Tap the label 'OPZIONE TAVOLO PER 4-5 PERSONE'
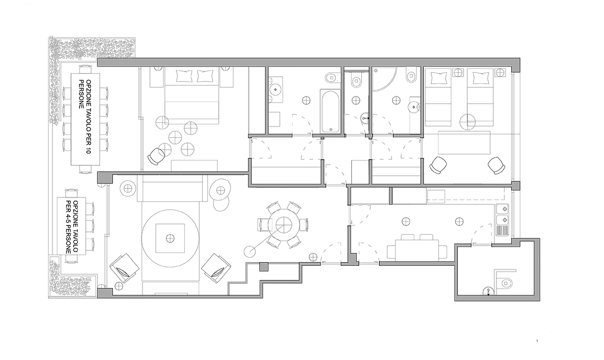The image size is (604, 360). pyautogui.click(x=73, y=227)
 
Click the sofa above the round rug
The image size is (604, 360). pyautogui.click(x=173, y=188)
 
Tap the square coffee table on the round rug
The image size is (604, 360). pyautogui.click(x=170, y=239)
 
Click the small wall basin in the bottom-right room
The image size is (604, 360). pyautogui.click(x=488, y=291)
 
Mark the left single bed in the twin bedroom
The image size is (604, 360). pyautogui.click(x=438, y=97)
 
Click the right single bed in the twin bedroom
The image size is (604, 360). pyautogui.click(x=480, y=97)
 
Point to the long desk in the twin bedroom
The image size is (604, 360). pyautogui.click(x=465, y=143)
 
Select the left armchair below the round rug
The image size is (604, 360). pyautogui.click(x=125, y=268)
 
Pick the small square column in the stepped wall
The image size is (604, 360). pyautogui.click(x=264, y=266)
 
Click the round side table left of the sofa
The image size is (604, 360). pyautogui.click(x=128, y=188)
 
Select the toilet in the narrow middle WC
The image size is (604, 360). pyautogui.click(x=357, y=81)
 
